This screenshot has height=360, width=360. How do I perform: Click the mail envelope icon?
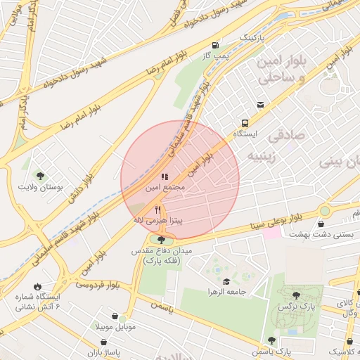(x=261, y=105)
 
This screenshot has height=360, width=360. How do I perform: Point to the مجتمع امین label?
(x=165, y=188)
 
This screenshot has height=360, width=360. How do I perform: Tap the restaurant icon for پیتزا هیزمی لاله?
(x=158, y=209)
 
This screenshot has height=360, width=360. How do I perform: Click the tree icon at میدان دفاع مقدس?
(x=161, y=240)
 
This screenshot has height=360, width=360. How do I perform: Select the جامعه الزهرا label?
(x=224, y=291)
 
